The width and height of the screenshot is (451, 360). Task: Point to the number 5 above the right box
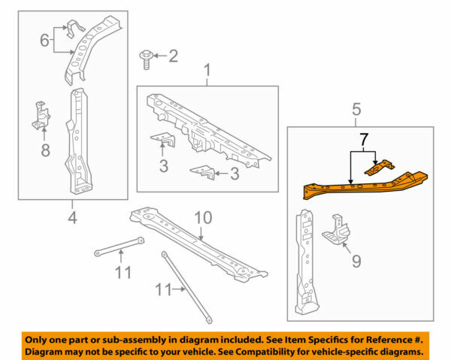[357, 110]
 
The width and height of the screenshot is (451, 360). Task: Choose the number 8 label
[45, 150]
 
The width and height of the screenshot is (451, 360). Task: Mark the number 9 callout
[356, 262]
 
